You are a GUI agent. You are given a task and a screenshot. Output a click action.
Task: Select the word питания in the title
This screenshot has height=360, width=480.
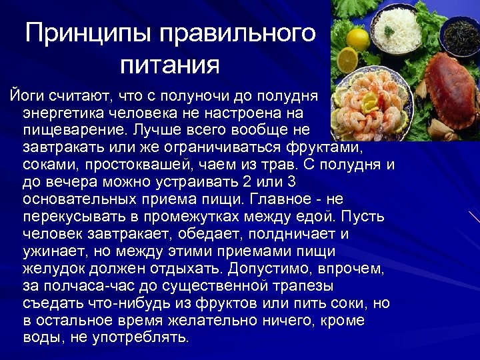tap(169, 65)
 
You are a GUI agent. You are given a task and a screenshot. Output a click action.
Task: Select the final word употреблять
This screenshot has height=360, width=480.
tap(133, 338)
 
